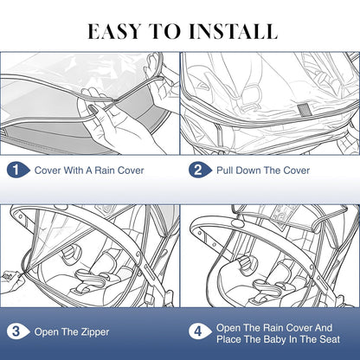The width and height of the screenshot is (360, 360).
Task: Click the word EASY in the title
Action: coord(114,31)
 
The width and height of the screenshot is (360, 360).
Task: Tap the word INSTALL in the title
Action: coord(233,31)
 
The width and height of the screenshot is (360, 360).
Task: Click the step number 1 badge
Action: coord(18,170)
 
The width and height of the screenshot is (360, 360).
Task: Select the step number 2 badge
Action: coord(200,170)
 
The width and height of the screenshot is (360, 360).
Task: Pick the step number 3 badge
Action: coord(18,331)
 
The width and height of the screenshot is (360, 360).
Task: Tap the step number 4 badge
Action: coord(200,331)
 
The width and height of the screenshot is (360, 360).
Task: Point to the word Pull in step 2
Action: coord(226,170)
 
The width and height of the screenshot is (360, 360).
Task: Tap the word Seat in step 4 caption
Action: coord(330,339)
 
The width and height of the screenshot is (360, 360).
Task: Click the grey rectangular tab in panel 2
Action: coord(303,111)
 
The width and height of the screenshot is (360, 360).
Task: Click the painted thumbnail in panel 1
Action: coord(93,110)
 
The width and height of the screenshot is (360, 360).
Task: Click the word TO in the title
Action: coord(165,31)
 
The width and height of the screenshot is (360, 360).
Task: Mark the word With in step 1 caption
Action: coord(74,170)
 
